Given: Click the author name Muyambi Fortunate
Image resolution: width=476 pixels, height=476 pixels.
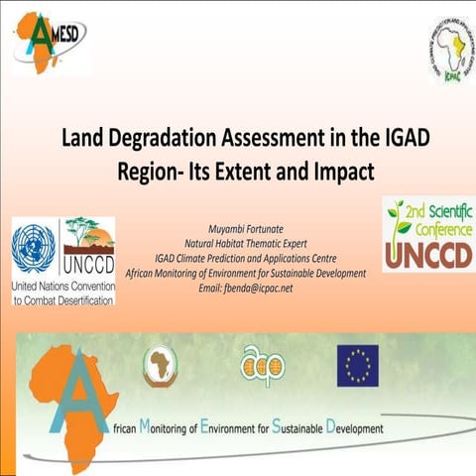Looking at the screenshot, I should coord(238,229).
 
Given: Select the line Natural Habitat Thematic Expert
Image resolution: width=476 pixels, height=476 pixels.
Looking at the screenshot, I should coord(238,243).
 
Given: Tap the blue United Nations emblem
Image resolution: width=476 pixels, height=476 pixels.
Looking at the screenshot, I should coord(33,249).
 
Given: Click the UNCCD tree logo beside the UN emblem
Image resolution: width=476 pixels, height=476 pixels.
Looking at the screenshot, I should coord(88,248).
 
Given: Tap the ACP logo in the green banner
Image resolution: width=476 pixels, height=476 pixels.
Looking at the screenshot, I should coord(262,365).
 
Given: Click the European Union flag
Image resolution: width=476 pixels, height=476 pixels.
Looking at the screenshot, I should coord(357,365).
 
